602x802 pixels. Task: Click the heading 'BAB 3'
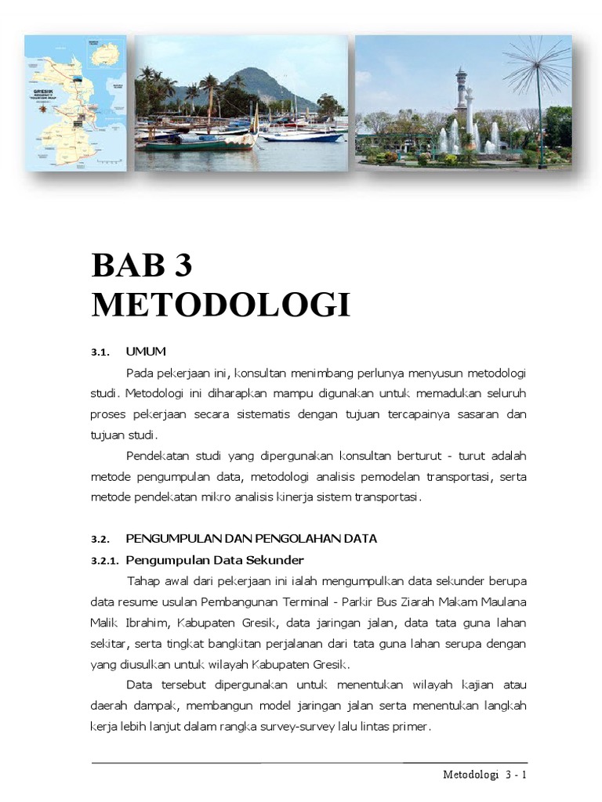(142, 266)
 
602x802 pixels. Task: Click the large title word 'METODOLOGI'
(221, 305)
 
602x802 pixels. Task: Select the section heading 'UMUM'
(146, 351)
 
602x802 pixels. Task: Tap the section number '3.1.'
(102, 352)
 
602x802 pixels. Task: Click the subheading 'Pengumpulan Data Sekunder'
(214, 560)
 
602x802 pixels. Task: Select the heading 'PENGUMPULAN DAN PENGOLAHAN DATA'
(251, 539)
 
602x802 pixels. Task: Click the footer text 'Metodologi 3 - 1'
(483, 775)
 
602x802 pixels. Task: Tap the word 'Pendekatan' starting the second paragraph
(156, 456)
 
